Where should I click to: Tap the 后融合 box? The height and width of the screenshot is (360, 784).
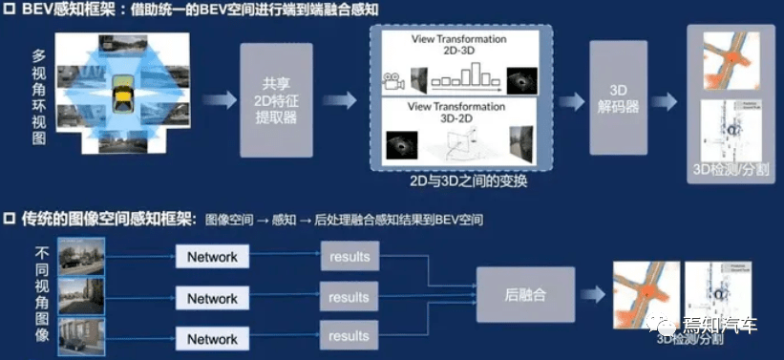525,297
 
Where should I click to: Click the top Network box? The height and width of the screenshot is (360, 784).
212,257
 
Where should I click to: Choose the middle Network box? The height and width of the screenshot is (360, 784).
212,298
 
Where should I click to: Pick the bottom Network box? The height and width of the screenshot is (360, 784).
212,339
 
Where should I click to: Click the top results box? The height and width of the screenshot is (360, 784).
349,257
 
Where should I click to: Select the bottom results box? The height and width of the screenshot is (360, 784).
349,336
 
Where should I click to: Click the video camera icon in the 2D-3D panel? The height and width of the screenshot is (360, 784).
392,83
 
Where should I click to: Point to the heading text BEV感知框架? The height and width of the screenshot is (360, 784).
60,11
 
